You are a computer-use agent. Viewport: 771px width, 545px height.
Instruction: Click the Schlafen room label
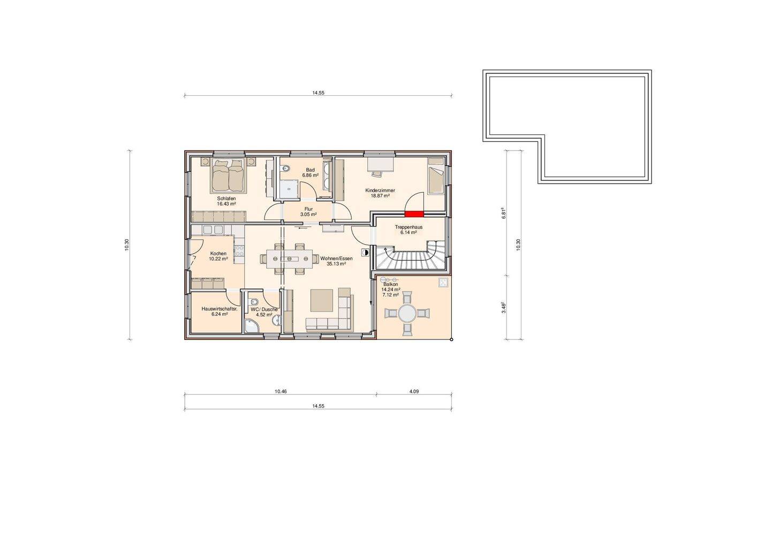226,198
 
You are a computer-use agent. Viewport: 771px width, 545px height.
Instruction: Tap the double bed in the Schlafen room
229,175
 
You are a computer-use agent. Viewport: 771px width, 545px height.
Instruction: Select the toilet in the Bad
287,169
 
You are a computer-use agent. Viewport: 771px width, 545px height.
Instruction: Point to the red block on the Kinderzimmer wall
414,214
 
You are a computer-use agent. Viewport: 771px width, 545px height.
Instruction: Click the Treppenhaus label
409,227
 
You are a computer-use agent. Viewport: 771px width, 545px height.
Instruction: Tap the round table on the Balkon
407,313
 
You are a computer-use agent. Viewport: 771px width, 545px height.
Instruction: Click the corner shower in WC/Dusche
251,326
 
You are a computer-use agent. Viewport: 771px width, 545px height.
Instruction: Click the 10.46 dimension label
281,391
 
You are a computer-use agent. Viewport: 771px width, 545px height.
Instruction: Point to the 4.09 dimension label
414,391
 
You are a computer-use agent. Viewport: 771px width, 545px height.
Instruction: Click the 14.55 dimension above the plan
319,93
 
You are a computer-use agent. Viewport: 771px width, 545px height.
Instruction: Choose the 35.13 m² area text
336,263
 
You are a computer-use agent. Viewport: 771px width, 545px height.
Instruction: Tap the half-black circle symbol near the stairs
366,252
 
